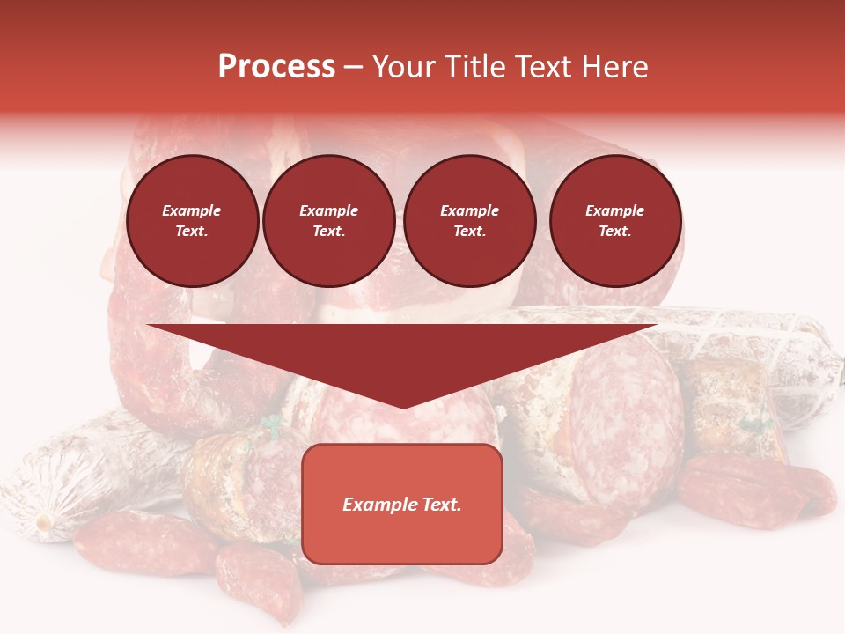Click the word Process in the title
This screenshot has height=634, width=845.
pyautogui.click(x=276, y=67)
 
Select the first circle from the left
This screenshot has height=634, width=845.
pyautogui.click(x=193, y=221)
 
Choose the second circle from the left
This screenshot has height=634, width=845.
pyautogui.click(x=329, y=221)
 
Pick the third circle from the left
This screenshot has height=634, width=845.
pyautogui.click(x=469, y=221)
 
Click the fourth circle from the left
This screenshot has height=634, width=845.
pyautogui.click(x=615, y=221)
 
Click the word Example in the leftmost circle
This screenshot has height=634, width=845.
pyautogui.click(x=192, y=210)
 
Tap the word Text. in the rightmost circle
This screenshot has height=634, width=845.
pyautogui.click(x=615, y=232)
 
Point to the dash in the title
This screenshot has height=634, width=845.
pyautogui.click(x=353, y=68)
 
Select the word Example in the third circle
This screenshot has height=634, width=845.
pyautogui.click(x=469, y=210)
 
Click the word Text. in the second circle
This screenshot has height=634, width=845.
pyautogui.click(x=329, y=232)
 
